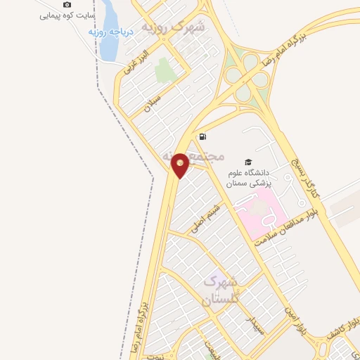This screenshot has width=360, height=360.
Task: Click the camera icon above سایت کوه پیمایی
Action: click(x=67, y=5)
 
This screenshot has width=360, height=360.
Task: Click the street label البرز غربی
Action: click(x=136, y=63)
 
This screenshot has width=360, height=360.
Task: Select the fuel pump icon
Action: click(x=203, y=136)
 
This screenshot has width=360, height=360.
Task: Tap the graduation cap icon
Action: click(x=247, y=162)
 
